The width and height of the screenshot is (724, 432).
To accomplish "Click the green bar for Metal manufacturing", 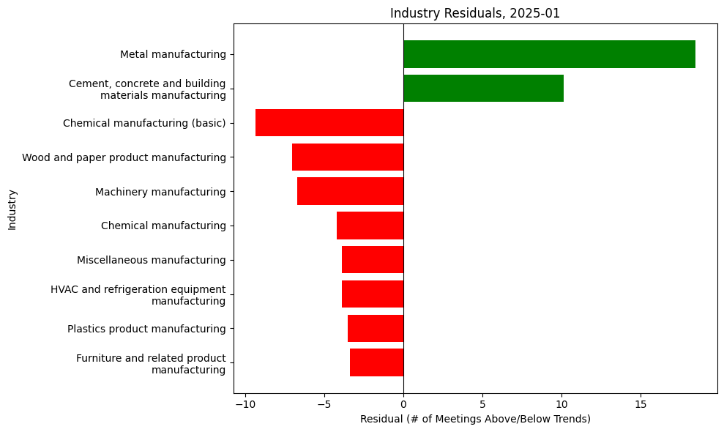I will (549, 54).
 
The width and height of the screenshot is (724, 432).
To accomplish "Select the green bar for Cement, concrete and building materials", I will (483, 89).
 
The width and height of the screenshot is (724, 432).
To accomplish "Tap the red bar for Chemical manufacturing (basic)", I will (329, 123).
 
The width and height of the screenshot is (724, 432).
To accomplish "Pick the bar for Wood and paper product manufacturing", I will (348, 157).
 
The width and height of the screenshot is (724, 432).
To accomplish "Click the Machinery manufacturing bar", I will (350, 191).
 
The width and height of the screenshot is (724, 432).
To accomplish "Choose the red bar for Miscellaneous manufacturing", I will (373, 260).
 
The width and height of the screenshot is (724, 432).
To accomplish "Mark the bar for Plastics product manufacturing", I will (376, 329).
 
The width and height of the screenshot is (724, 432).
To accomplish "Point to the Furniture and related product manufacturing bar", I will (376, 362).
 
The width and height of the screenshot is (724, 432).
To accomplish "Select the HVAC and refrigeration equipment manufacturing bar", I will (373, 294).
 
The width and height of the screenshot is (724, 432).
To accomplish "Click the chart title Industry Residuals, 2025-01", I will (475, 13).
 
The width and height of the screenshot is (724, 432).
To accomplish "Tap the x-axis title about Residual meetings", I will (475, 419).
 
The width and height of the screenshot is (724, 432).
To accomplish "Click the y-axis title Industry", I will (12, 209).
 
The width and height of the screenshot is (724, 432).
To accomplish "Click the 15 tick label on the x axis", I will (641, 404).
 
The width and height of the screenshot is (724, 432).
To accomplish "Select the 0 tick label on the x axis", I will (403, 404).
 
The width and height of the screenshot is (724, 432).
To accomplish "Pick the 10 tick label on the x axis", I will (561, 404).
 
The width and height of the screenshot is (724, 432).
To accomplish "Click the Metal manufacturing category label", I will (173, 54).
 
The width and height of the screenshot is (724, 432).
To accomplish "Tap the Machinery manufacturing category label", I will (160, 192).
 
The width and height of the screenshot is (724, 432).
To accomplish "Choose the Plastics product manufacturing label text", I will (146, 329).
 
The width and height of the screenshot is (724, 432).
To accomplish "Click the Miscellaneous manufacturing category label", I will (151, 260).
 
